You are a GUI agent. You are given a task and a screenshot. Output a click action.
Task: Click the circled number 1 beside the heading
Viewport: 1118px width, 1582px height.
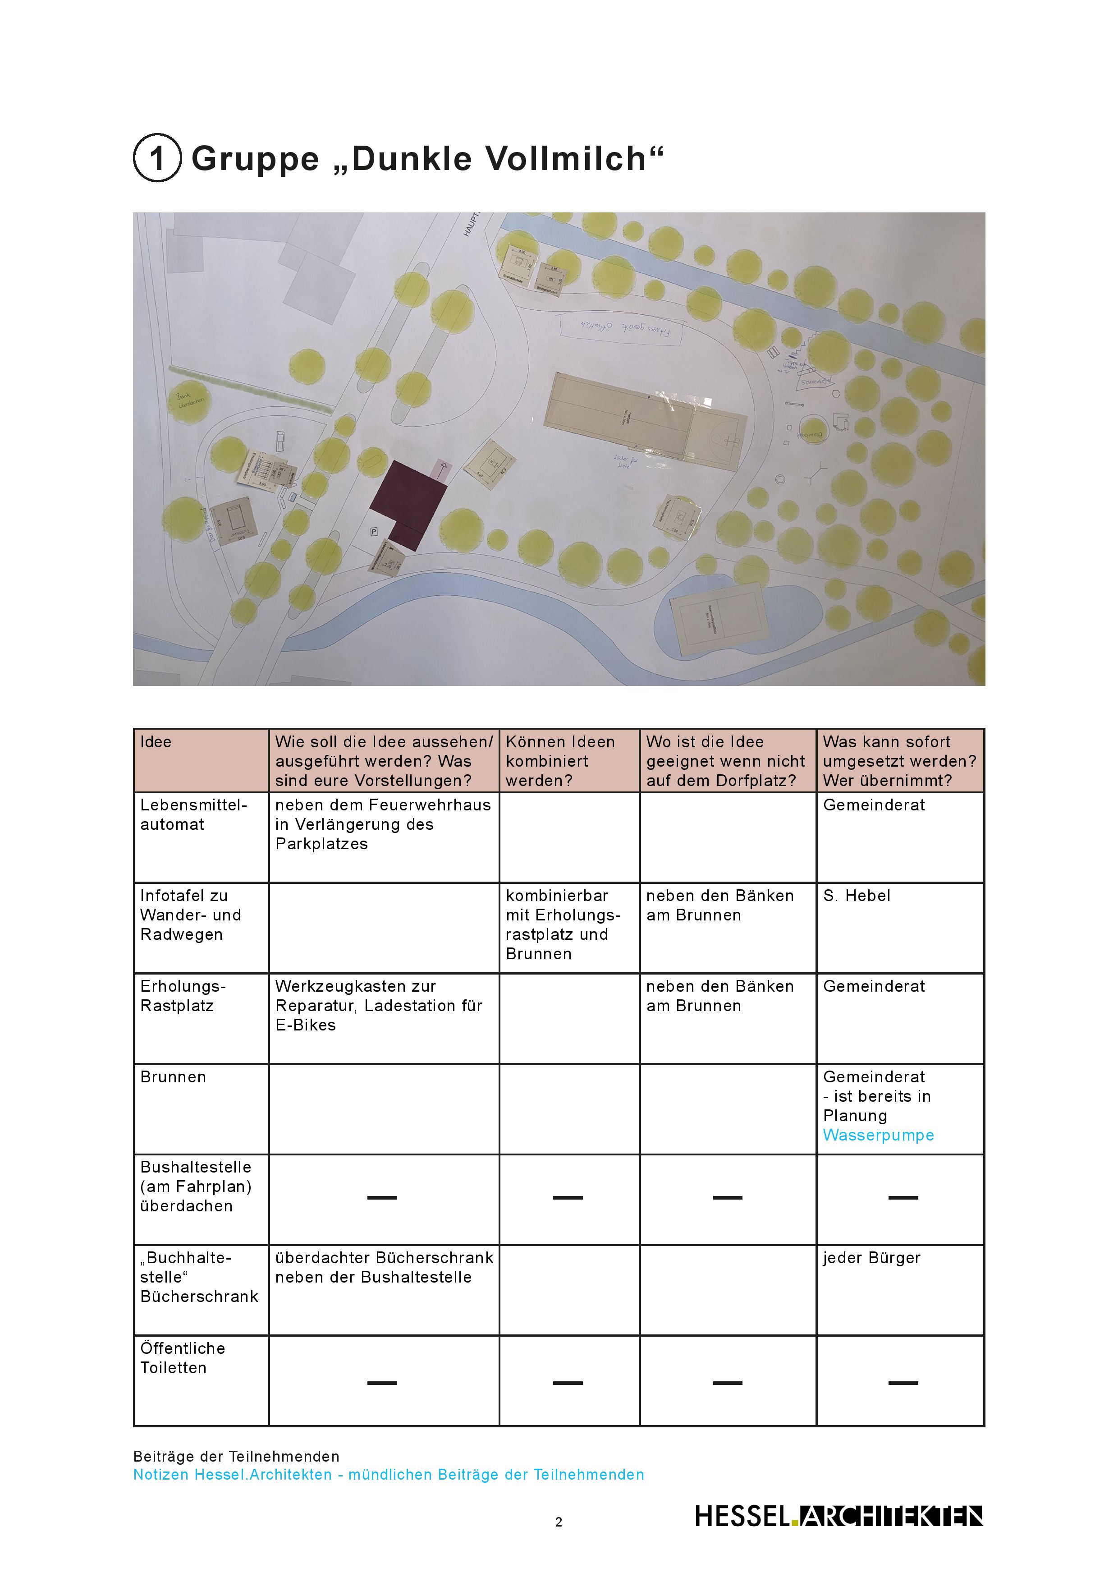point(157,158)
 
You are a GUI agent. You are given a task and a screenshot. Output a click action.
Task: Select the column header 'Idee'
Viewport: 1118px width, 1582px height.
point(156,742)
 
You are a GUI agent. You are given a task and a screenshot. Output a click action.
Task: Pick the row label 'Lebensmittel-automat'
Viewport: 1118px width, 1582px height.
point(193,814)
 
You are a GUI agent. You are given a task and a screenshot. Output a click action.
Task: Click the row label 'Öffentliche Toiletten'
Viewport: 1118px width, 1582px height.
point(183,1357)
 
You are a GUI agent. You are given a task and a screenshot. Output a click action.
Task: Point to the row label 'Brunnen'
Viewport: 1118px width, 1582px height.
point(173,1077)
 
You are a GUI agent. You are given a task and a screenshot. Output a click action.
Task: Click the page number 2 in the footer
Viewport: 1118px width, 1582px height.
point(559,1522)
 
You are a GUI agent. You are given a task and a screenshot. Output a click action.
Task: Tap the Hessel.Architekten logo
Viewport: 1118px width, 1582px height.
point(838,1516)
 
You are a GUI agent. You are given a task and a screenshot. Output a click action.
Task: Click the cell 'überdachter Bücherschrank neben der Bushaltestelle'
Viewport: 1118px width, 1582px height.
point(384,1267)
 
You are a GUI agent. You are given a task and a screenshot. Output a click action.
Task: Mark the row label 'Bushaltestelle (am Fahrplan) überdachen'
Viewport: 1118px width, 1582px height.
point(196,1186)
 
